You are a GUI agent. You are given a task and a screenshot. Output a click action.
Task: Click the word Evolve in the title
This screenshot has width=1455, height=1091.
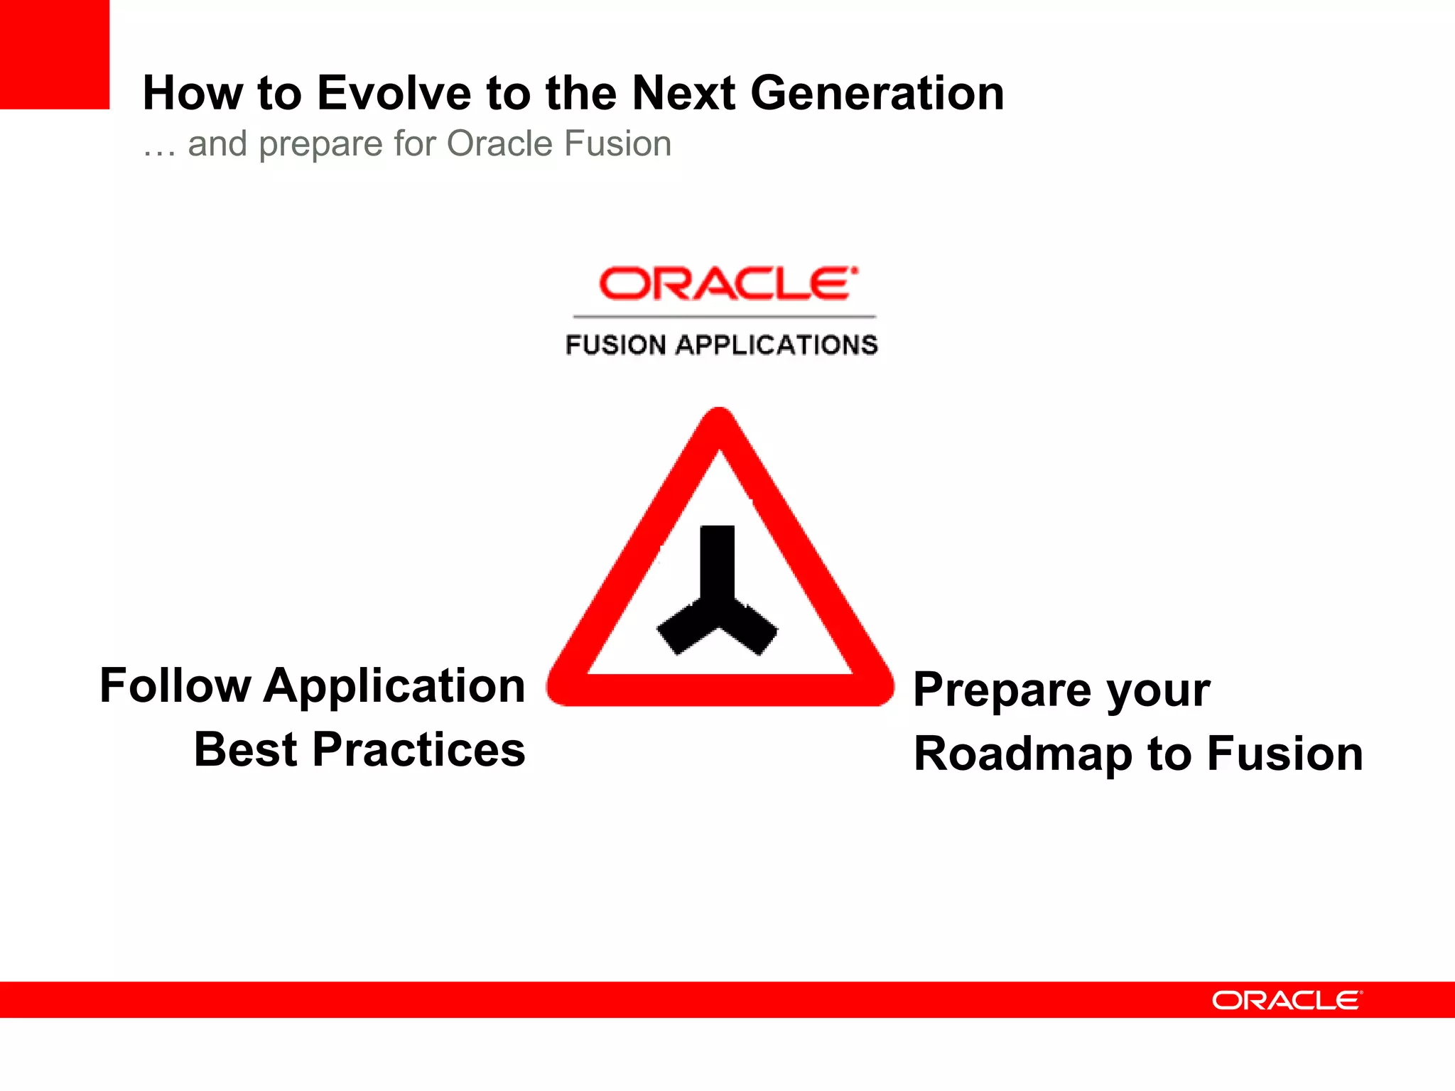coord(394,93)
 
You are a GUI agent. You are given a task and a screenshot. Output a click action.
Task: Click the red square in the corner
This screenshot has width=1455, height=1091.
coord(54,54)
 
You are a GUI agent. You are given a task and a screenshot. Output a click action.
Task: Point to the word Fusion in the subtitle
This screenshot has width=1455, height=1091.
coord(618,143)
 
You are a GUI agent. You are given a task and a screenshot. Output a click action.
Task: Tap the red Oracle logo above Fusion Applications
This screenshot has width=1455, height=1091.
coord(727,284)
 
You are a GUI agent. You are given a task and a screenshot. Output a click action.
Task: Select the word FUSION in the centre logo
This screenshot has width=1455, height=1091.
coord(615,345)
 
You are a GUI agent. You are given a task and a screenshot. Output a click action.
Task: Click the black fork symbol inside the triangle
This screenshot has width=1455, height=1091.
coord(718,597)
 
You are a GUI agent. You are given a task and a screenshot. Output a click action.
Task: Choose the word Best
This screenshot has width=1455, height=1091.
coord(245,750)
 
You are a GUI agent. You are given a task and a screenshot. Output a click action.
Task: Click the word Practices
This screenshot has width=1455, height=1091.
coord(418,750)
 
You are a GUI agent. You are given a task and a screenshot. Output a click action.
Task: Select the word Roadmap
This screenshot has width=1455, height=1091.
coord(1022,754)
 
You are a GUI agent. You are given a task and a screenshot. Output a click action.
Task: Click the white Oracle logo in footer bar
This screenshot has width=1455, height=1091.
coord(1287,1000)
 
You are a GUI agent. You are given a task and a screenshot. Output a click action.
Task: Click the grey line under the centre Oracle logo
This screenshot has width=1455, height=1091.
coord(725,317)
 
